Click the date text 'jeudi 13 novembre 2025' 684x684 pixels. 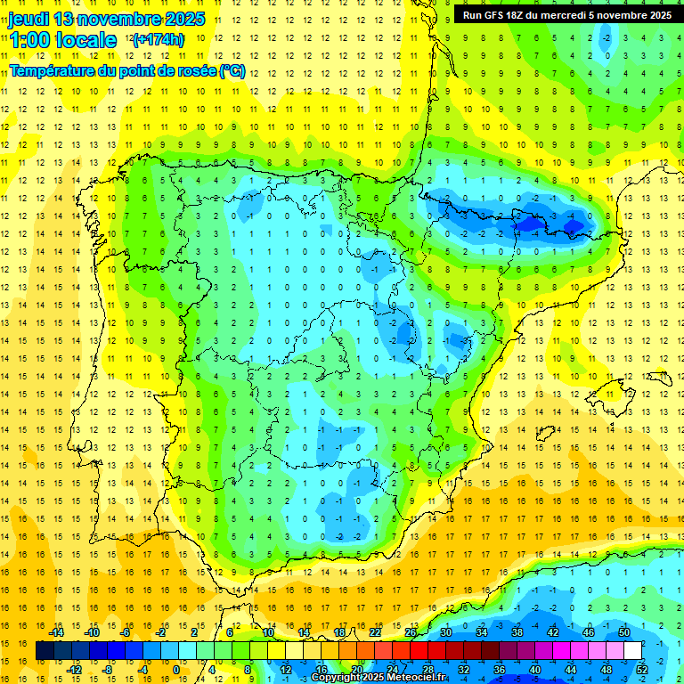107,19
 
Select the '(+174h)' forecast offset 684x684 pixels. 158,39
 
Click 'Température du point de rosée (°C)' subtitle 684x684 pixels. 127,70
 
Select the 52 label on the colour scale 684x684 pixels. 642,669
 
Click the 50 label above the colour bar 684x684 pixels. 623,632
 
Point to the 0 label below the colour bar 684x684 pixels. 175,669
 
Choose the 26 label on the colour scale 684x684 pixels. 411,632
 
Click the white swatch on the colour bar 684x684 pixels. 632,650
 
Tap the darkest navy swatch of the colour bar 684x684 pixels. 45,650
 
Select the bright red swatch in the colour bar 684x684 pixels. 419,650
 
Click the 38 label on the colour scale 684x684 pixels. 517,632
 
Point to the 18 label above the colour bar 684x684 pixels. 339,632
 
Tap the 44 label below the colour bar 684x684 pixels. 571,669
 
